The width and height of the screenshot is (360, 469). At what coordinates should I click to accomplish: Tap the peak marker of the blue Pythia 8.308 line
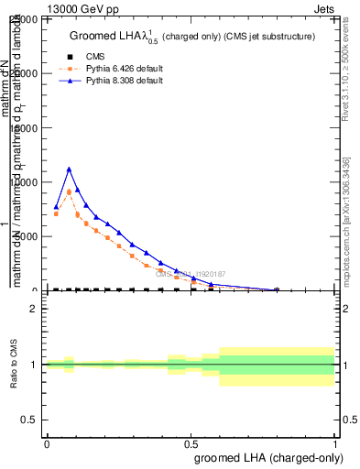pyautogui.click(x=69, y=169)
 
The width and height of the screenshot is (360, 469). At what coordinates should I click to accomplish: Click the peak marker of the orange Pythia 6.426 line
pyautogui.click(x=69, y=191)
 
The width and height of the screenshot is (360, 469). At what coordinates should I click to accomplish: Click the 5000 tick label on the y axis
pyautogui.click(x=25, y=236)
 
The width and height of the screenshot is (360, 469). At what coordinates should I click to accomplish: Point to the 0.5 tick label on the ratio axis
pyautogui.click(x=29, y=420)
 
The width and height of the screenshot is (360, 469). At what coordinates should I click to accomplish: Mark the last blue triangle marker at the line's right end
pyautogui.click(x=277, y=289)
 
